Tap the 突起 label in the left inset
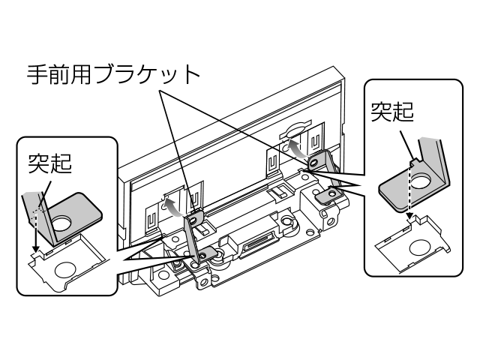pos(49,163)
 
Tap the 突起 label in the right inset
pos(392,113)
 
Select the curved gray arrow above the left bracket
pos(173,204)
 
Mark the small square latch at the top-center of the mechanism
pos(277,193)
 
